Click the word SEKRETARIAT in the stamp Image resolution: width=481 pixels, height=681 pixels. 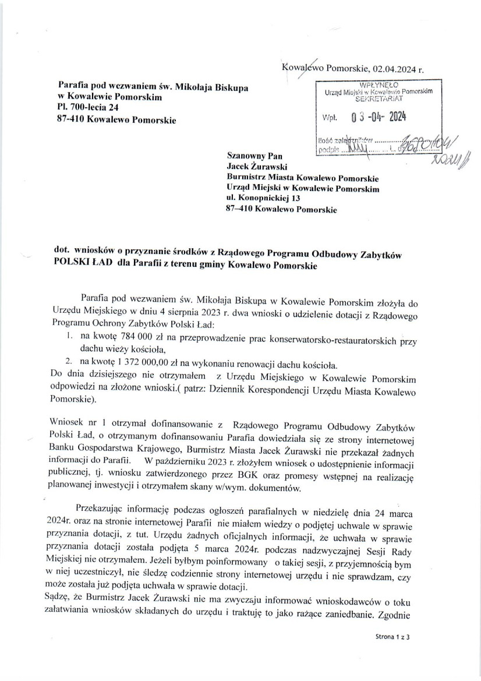tap(379, 100)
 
